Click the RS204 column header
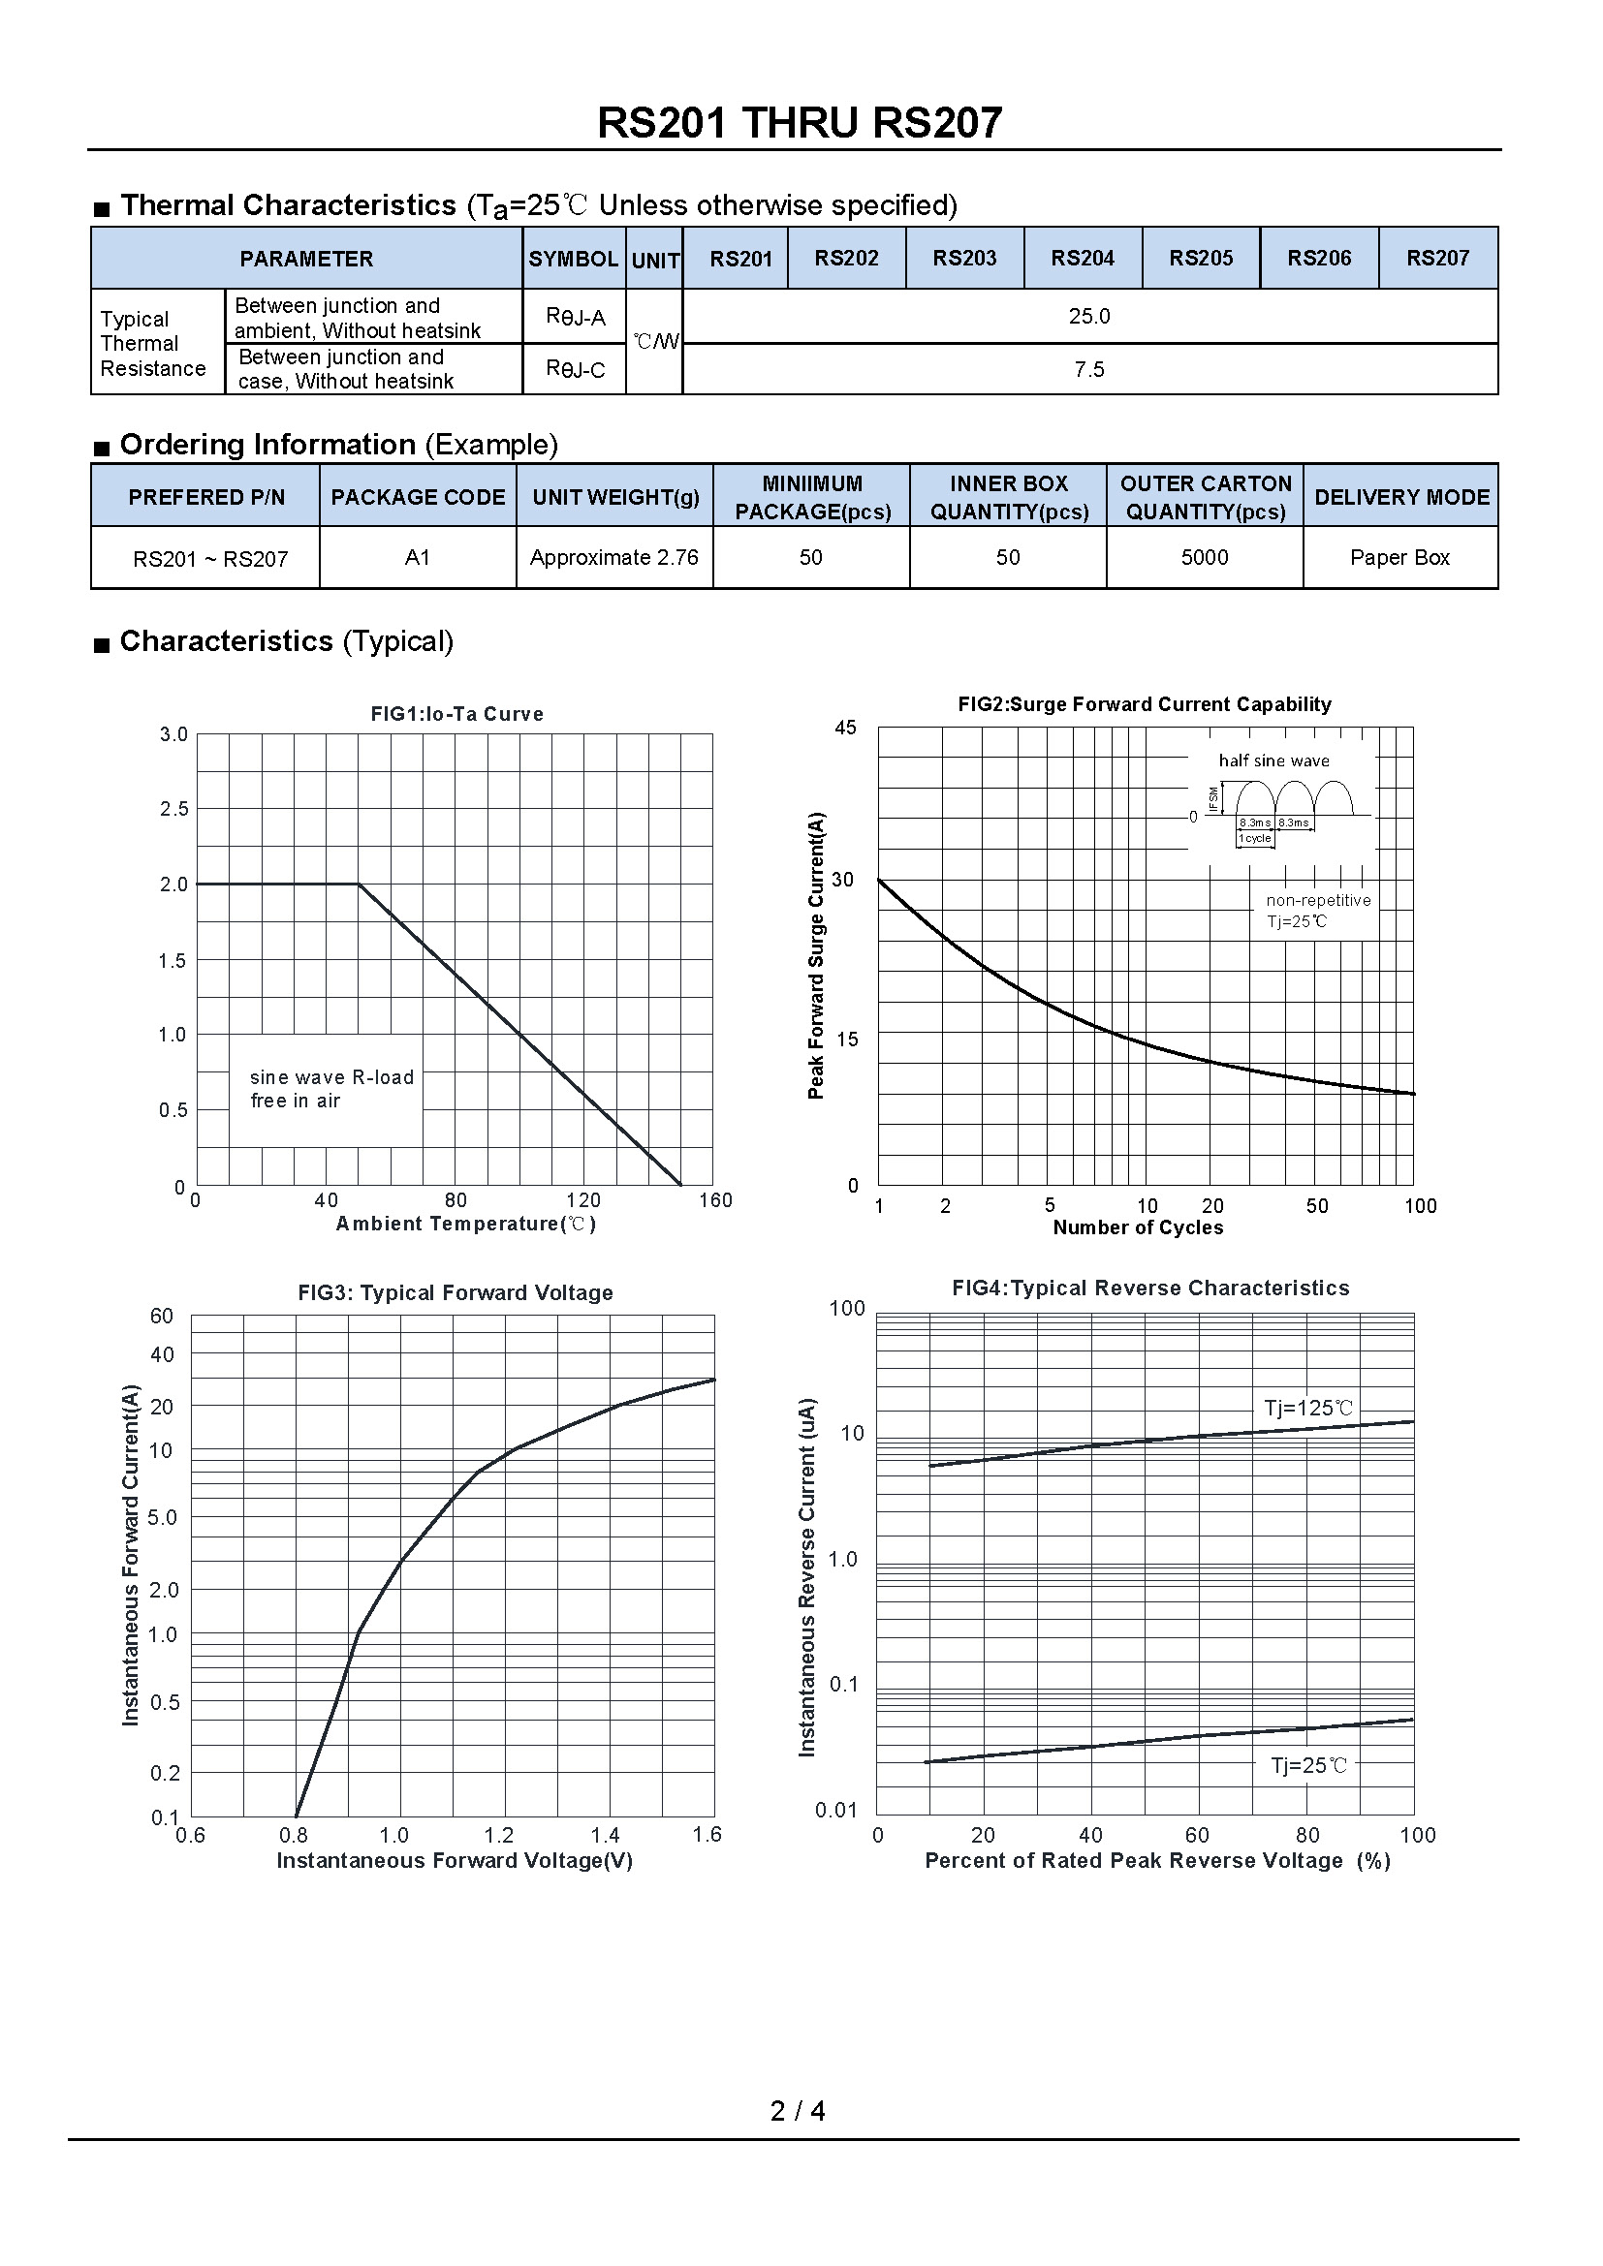pos(1082,259)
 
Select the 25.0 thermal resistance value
pos(1088,316)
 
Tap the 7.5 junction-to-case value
pos(1088,369)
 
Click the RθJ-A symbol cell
pos(575,317)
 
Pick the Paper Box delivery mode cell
pos(1399,558)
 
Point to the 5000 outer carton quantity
pos(1205,558)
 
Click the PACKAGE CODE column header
pos(418,497)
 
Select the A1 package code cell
pos(418,558)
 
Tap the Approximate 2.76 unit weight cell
pos(613,558)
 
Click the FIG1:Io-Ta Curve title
pos(457,714)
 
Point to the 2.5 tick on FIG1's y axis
pos(173,809)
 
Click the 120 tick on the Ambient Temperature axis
pos(583,1200)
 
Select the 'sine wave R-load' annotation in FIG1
pos(331,1077)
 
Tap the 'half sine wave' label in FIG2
pos(1273,761)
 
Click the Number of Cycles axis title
pos(1137,1227)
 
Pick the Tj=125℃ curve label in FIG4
pos(1308,1409)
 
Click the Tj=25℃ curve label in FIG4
pos(1308,1766)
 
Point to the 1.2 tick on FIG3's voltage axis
pos(499,1836)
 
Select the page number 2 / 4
pos(798,2111)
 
